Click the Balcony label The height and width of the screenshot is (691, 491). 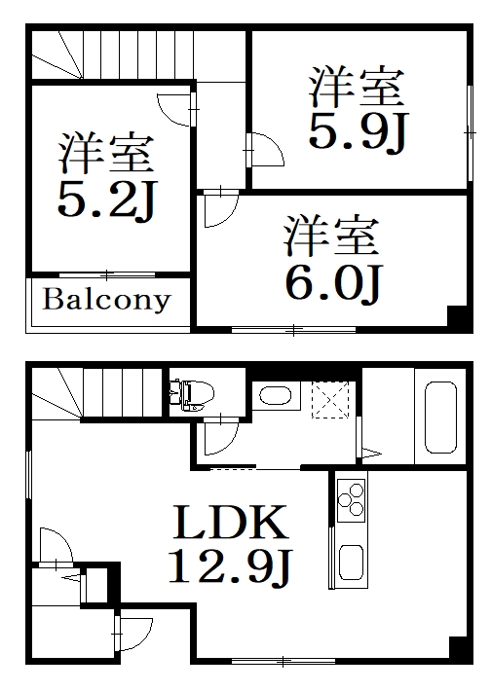pos(105,300)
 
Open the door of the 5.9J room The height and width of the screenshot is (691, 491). pos(263,151)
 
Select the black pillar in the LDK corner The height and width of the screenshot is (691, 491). pos(457,649)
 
